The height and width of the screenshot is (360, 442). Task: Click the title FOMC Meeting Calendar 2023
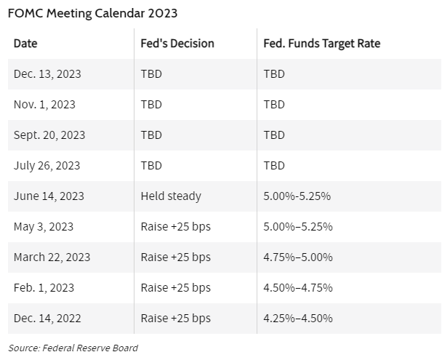point(92,12)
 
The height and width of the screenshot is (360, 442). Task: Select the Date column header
point(25,44)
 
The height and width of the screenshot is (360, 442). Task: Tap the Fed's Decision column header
point(177,44)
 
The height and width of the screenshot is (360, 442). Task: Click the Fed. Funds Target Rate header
point(321,44)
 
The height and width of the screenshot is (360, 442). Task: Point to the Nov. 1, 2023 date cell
point(44,105)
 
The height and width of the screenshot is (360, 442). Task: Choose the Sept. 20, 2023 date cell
point(49,135)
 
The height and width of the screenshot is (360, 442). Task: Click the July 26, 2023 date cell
point(47,166)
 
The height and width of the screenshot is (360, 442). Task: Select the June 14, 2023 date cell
point(49,196)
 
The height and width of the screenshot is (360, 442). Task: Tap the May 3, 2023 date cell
point(44,227)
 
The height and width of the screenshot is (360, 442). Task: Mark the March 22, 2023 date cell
point(52,257)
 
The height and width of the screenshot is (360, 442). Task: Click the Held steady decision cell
point(171,196)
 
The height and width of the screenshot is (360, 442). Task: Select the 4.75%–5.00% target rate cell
point(298,257)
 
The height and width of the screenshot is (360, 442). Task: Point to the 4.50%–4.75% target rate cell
point(298,288)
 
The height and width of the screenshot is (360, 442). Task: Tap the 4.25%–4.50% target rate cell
point(298,319)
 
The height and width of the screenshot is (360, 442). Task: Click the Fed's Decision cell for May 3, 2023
point(175,227)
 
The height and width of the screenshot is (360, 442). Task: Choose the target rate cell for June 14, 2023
point(297,196)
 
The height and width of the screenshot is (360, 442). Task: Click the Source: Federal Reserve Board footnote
point(73,348)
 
